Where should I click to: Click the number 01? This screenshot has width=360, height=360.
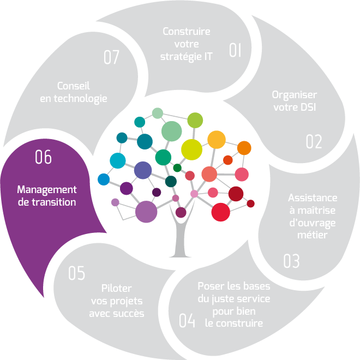click(x=235, y=51)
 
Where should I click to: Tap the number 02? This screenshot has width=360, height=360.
click(x=314, y=142)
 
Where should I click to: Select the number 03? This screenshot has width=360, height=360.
click(x=291, y=261)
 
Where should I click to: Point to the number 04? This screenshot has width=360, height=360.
click(x=187, y=321)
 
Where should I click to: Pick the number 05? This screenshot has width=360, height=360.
click(x=77, y=273)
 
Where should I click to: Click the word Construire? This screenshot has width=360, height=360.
click(x=187, y=32)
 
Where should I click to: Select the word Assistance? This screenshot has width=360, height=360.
click(x=313, y=197)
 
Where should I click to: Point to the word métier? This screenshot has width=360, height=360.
click(x=313, y=235)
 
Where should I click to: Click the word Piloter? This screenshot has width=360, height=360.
click(x=117, y=289)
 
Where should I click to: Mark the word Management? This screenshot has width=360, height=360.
click(x=47, y=190)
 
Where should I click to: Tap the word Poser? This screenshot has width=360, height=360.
click(x=209, y=287)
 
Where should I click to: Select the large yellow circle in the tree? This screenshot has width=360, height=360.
click(x=191, y=149)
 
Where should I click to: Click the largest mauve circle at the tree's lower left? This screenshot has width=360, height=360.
click(x=146, y=212)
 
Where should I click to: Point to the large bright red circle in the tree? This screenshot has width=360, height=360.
click(x=221, y=212)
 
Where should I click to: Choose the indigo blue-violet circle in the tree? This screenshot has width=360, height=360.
click(x=143, y=170)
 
